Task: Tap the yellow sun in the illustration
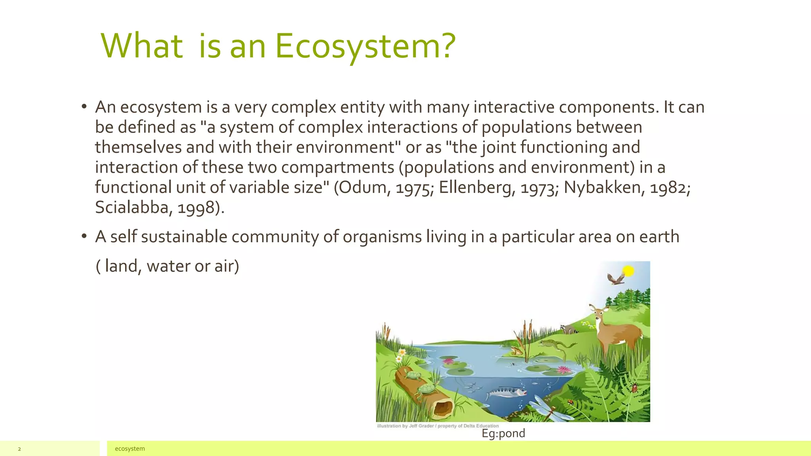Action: point(628,271)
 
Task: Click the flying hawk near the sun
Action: point(615,279)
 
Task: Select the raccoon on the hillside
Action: point(569,329)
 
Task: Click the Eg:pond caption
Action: point(503,433)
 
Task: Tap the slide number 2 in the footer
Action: point(19,449)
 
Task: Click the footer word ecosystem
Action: point(129,448)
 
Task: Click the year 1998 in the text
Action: point(196,207)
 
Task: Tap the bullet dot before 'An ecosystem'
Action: point(84,107)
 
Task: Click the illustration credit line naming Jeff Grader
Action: point(438,426)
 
